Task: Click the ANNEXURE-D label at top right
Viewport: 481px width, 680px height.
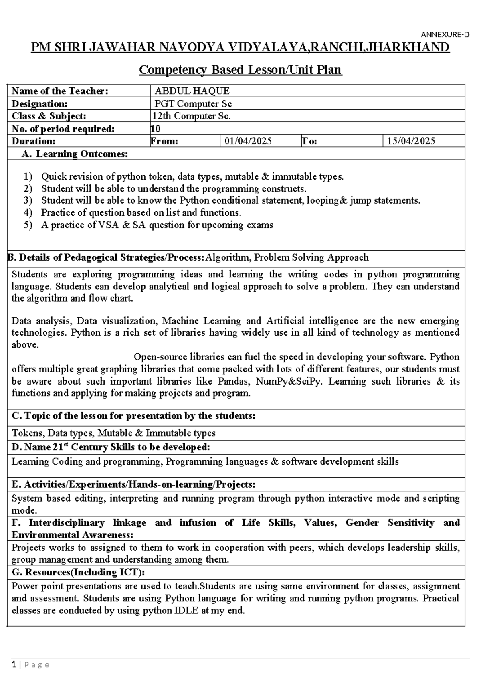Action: [445, 35]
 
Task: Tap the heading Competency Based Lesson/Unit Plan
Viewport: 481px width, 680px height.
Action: [240, 70]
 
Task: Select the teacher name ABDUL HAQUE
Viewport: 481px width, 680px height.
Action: [192, 91]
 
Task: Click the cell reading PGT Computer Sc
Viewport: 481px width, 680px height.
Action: [193, 104]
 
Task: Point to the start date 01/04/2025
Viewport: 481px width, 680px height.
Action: [248, 141]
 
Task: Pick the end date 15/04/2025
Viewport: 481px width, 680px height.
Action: [411, 141]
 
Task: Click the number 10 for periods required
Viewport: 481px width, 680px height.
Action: [156, 129]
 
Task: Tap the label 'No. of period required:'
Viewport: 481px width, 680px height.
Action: [63, 129]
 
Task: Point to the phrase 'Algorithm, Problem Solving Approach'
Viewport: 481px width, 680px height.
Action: [287, 257]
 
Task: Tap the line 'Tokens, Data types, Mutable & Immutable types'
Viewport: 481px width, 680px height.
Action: [113, 433]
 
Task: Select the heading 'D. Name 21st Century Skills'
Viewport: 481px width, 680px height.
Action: [111, 447]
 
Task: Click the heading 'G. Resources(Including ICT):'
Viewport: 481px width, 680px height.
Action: [78, 572]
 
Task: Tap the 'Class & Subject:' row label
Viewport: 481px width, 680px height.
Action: [49, 116]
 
